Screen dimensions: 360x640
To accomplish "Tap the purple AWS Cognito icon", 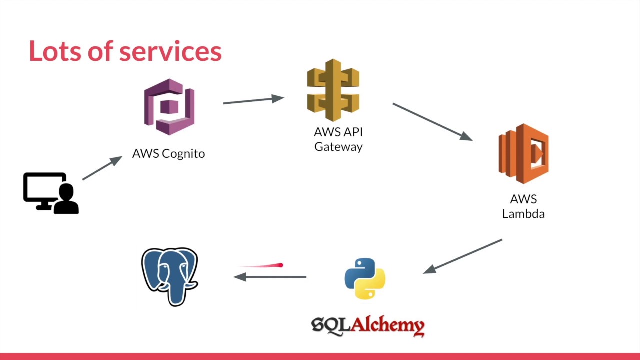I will point(169,107).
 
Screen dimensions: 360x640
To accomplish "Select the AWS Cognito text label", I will point(168,153).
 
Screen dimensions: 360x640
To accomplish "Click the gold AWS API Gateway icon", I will point(333,90).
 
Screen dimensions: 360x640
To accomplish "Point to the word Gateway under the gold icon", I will point(338,147).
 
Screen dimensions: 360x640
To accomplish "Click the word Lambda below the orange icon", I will point(523,214).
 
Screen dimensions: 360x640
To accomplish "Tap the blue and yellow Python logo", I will point(365,278).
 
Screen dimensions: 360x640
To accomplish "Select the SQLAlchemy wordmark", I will point(368,326).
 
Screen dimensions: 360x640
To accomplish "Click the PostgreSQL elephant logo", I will point(170,276).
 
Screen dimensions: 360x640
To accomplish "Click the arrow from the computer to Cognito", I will point(102,168).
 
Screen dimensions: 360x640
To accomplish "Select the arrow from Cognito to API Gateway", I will point(253,100).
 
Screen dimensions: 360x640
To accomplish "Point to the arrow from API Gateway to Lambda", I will point(432,122).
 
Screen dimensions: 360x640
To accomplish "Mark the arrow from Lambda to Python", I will point(463,256).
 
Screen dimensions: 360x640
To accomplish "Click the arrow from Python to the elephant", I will point(270,276).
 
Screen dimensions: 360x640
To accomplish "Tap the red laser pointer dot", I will point(281,265).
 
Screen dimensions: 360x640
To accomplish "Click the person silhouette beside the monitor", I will point(66,200).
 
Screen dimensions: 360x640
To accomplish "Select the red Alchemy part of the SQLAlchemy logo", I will point(388,326).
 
